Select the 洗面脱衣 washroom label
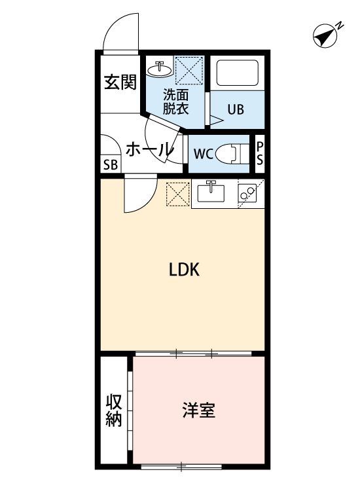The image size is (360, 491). [x=175, y=101]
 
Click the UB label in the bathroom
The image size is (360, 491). [x=236, y=109]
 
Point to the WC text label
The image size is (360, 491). [x=202, y=155]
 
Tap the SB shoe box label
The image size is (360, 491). [x=110, y=164]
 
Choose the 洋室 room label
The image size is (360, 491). [x=198, y=411]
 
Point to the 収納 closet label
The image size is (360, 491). [x=114, y=410]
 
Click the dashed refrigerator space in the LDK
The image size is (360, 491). [x=177, y=194]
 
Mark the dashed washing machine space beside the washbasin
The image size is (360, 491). [x=191, y=70]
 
